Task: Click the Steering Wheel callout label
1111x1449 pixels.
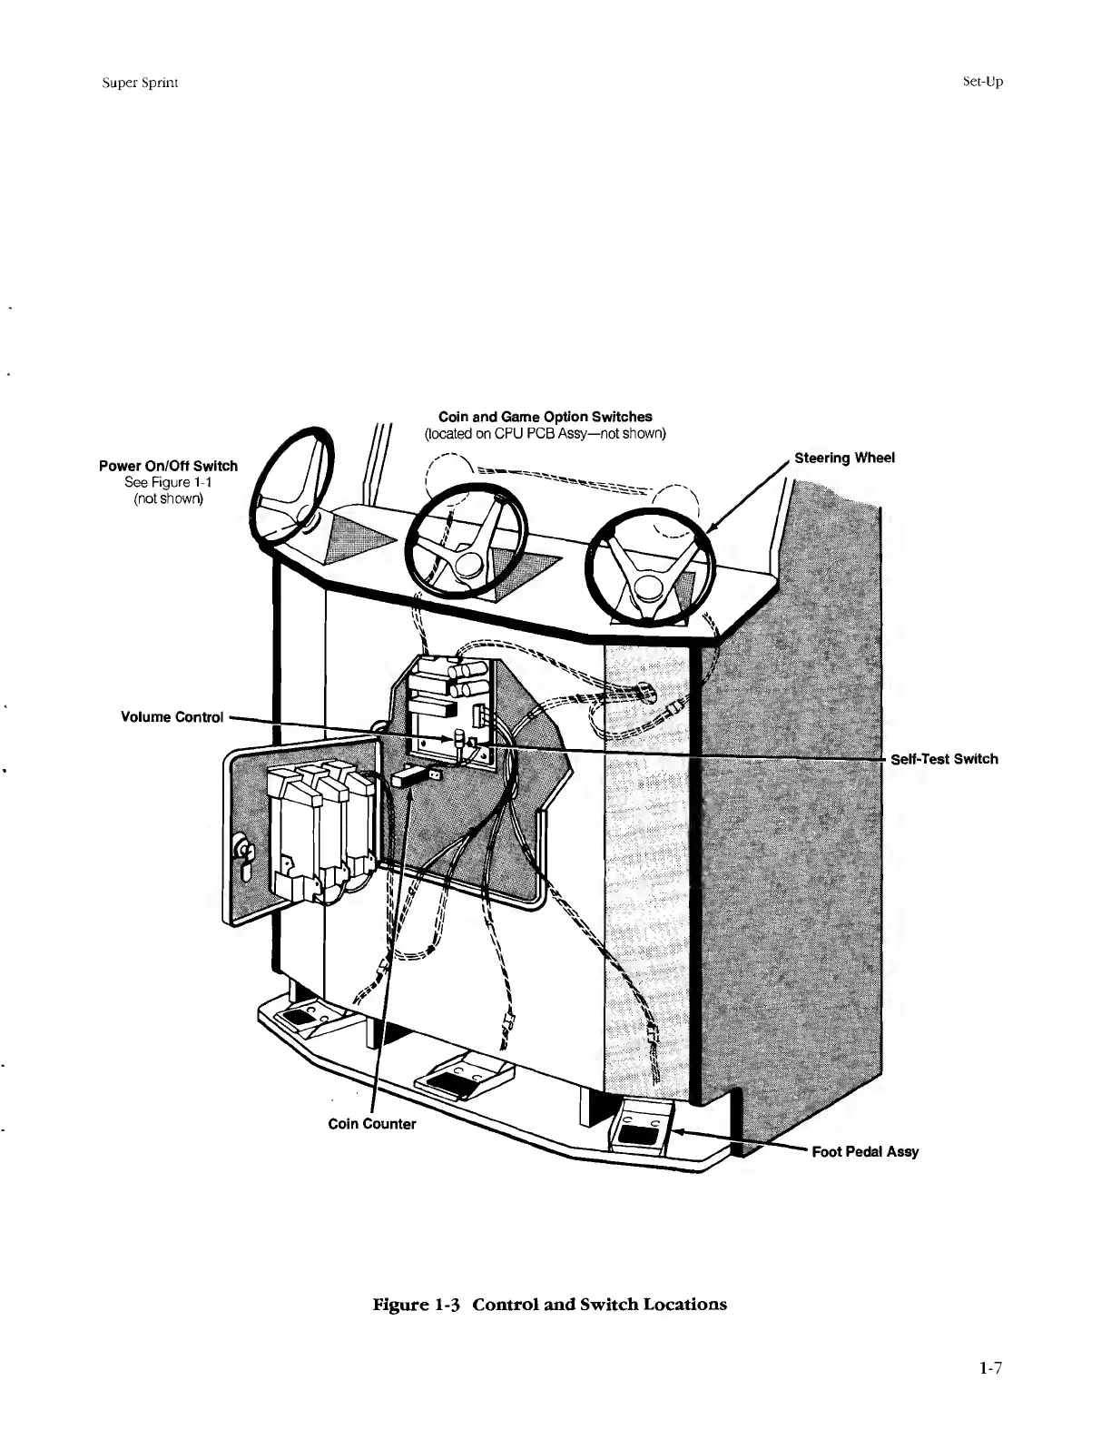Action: [x=844, y=458]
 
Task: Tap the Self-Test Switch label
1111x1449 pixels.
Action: [x=944, y=759]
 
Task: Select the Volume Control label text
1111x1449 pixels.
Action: [x=172, y=717]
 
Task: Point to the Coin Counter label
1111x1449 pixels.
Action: [x=371, y=1124]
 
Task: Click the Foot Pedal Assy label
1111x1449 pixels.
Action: [x=865, y=1151]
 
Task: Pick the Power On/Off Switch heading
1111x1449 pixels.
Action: [x=168, y=466]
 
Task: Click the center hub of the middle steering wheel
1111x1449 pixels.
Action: [x=469, y=565]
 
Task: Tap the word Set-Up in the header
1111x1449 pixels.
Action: [x=982, y=82]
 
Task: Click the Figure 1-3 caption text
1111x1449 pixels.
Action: [x=550, y=1305]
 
